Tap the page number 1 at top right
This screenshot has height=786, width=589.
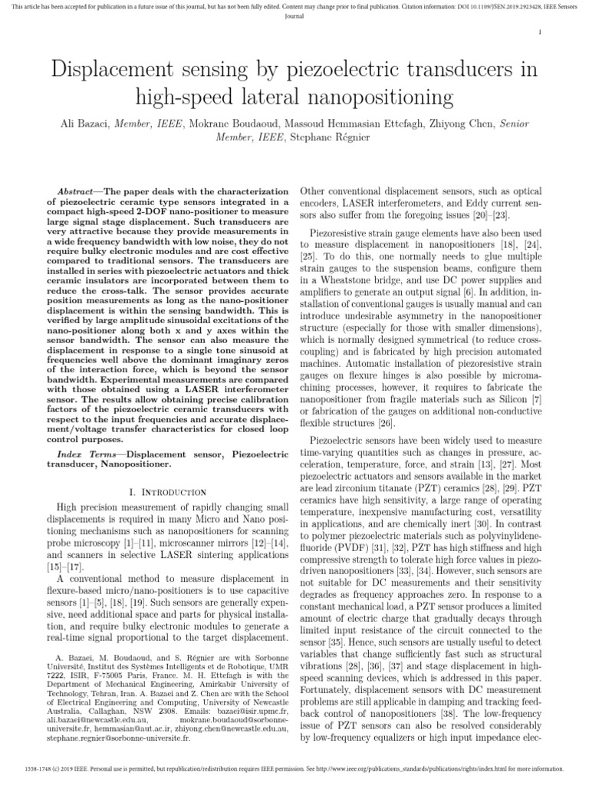click(x=541, y=31)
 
